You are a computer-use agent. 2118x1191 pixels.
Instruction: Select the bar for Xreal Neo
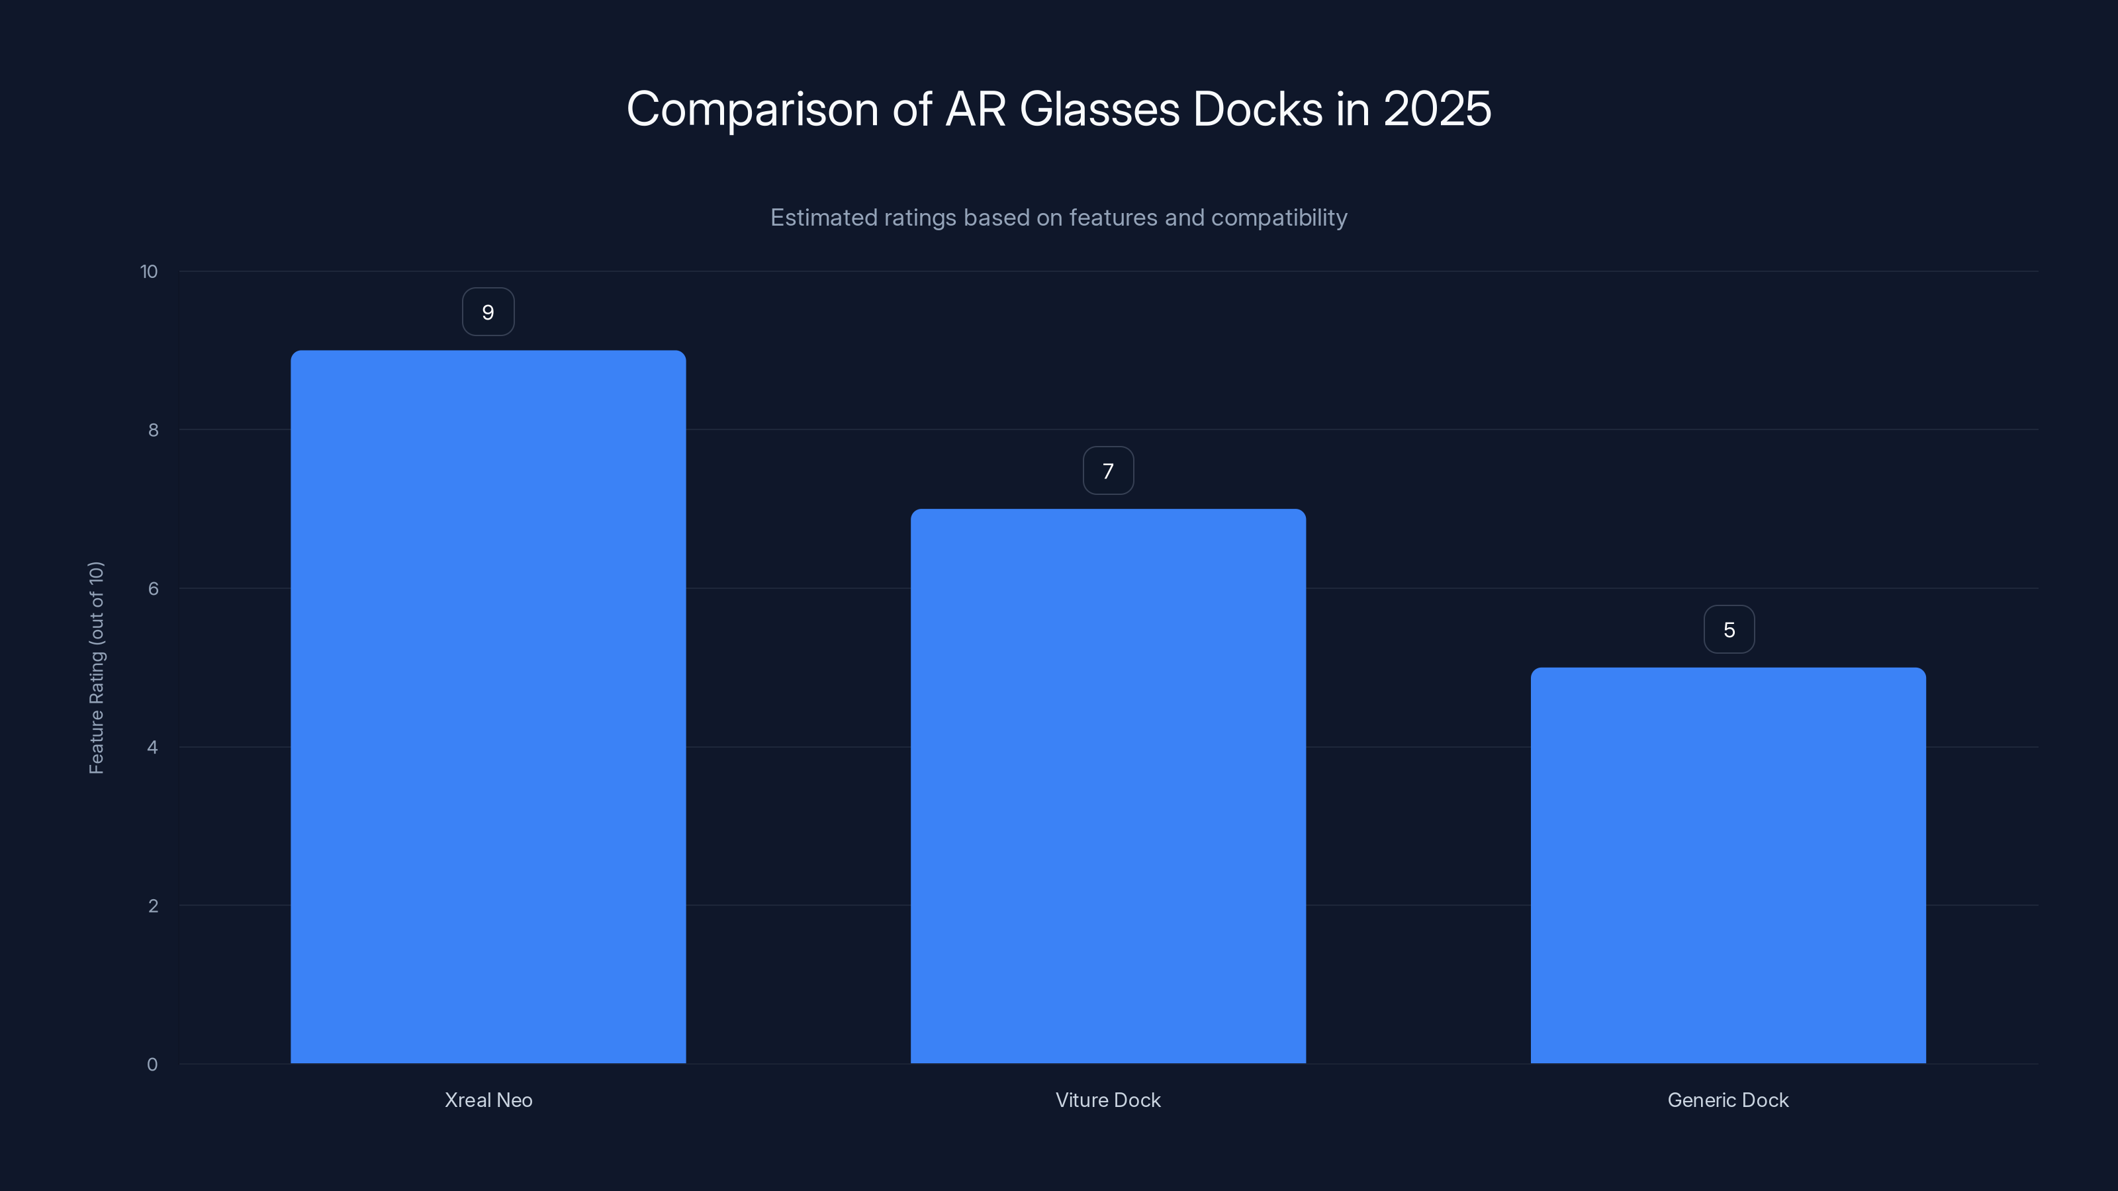click(488, 707)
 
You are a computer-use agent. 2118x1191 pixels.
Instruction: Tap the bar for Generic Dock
click(1727, 865)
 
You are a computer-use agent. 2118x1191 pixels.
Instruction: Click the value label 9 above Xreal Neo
click(488, 312)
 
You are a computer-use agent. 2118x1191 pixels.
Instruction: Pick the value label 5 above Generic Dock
click(1728, 630)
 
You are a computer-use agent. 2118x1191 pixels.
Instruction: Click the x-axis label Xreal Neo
click(488, 1100)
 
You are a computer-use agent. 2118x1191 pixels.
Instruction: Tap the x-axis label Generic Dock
click(1727, 1100)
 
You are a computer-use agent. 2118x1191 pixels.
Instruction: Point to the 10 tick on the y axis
click(149, 271)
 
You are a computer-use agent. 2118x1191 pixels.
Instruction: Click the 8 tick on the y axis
click(153, 430)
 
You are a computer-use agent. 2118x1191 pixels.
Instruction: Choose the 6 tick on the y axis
click(153, 588)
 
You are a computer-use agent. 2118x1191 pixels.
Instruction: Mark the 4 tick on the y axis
click(152, 747)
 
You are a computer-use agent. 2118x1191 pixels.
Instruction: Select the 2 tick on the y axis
click(153, 906)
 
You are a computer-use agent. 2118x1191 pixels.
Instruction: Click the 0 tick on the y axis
click(152, 1065)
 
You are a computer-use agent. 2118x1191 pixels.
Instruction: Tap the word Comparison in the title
click(753, 109)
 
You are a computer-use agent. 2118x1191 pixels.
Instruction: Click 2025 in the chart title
click(1436, 109)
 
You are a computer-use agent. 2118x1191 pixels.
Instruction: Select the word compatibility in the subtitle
click(1279, 218)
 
